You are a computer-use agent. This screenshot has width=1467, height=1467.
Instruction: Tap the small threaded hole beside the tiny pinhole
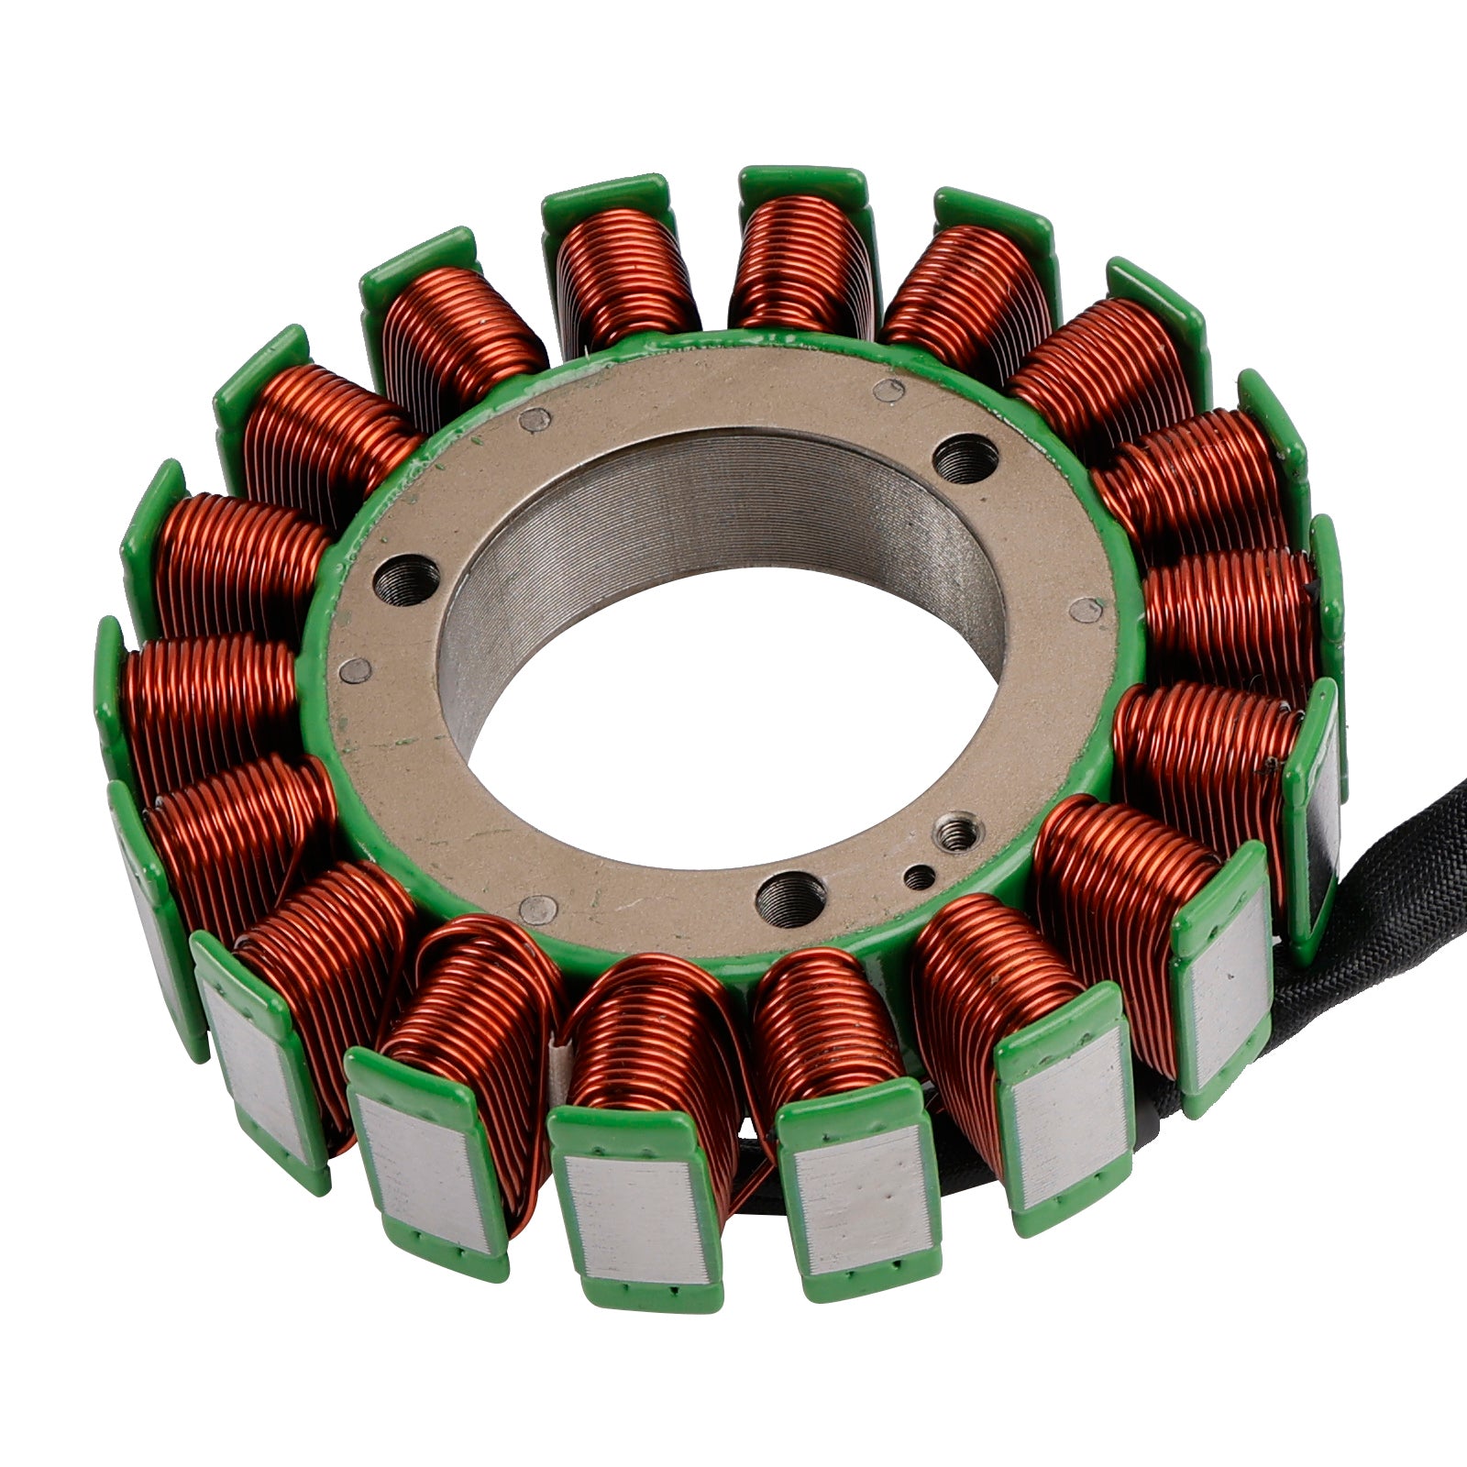tap(956, 833)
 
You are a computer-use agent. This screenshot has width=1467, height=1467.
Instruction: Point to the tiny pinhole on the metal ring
tap(919, 878)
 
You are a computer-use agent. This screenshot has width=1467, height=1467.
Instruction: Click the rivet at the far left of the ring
tap(355, 671)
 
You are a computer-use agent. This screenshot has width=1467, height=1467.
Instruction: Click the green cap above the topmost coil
tap(802, 183)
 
